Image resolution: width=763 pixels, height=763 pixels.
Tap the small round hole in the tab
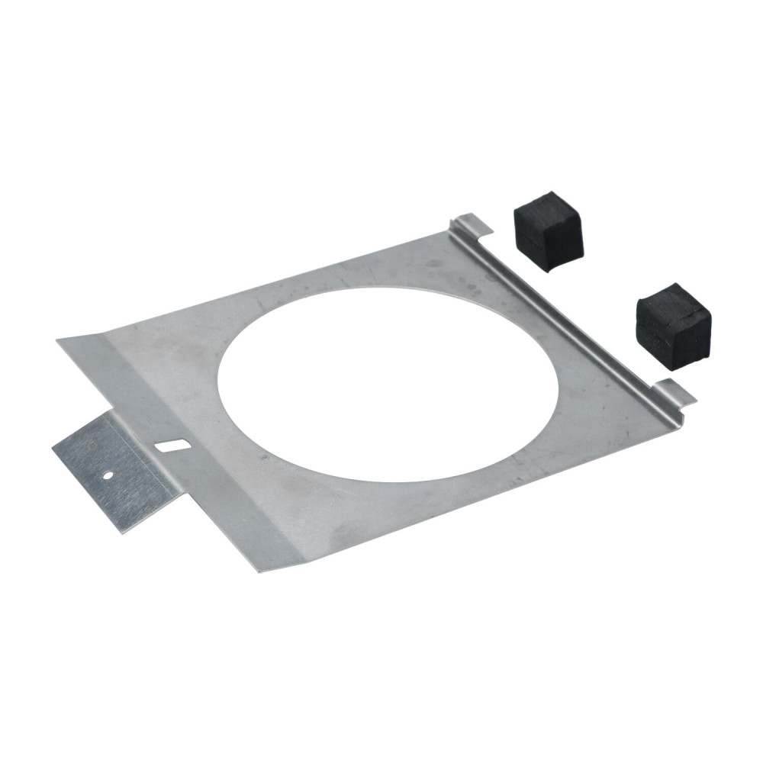[x=108, y=475]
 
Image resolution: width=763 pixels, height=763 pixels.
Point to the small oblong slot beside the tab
[x=172, y=445]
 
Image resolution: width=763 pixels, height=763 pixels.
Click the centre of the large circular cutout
[x=388, y=384]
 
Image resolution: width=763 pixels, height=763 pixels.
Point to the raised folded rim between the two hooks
[x=565, y=313]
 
